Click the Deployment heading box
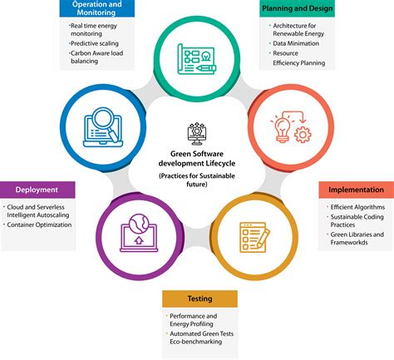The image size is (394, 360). point(37,190)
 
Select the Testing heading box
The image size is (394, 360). point(199,298)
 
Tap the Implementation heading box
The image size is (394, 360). point(357,190)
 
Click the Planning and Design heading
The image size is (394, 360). point(298,8)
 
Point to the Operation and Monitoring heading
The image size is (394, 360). point(96,8)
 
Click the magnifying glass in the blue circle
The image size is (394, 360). point(106,123)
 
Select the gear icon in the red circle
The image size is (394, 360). point(303,135)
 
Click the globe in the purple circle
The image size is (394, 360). point(139,224)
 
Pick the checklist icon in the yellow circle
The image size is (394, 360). point(254,237)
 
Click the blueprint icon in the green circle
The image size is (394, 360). point(197,59)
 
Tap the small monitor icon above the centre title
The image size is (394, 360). point(197,134)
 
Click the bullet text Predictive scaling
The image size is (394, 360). point(95,43)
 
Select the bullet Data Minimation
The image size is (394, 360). point(296,43)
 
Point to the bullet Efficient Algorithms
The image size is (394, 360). point(357,207)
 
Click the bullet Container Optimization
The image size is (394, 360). point(39,224)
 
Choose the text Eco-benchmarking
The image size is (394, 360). point(196,342)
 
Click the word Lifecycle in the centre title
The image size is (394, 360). point(220,163)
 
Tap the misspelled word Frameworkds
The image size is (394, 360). point(349,243)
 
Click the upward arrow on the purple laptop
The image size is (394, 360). point(139,240)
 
